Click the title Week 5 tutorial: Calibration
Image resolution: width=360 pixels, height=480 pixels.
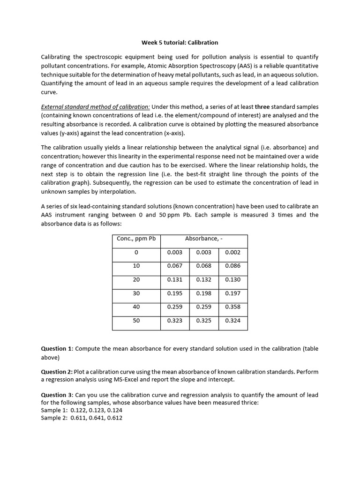coord(180,43)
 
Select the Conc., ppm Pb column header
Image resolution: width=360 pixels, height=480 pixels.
coord(136,239)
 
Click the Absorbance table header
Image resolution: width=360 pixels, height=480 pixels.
coord(203,239)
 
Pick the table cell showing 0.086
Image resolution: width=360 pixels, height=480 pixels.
coord(232,266)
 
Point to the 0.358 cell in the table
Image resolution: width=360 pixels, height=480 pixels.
coord(232,307)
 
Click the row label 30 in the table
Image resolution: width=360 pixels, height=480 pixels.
coord(136,293)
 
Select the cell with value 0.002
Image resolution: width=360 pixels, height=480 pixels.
coord(232,252)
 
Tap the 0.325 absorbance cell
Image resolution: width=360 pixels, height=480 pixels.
coord(203,321)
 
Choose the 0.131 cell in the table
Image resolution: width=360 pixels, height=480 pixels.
coord(174,280)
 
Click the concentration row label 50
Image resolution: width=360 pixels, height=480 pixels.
coord(136,321)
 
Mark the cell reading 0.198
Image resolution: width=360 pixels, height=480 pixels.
coord(203,293)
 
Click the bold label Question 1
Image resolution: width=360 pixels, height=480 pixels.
coord(57,349)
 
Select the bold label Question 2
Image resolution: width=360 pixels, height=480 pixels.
coord(57,372)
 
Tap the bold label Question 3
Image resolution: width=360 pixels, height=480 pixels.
coord(57,395)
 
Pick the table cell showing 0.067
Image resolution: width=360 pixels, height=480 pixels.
coord(174,266)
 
